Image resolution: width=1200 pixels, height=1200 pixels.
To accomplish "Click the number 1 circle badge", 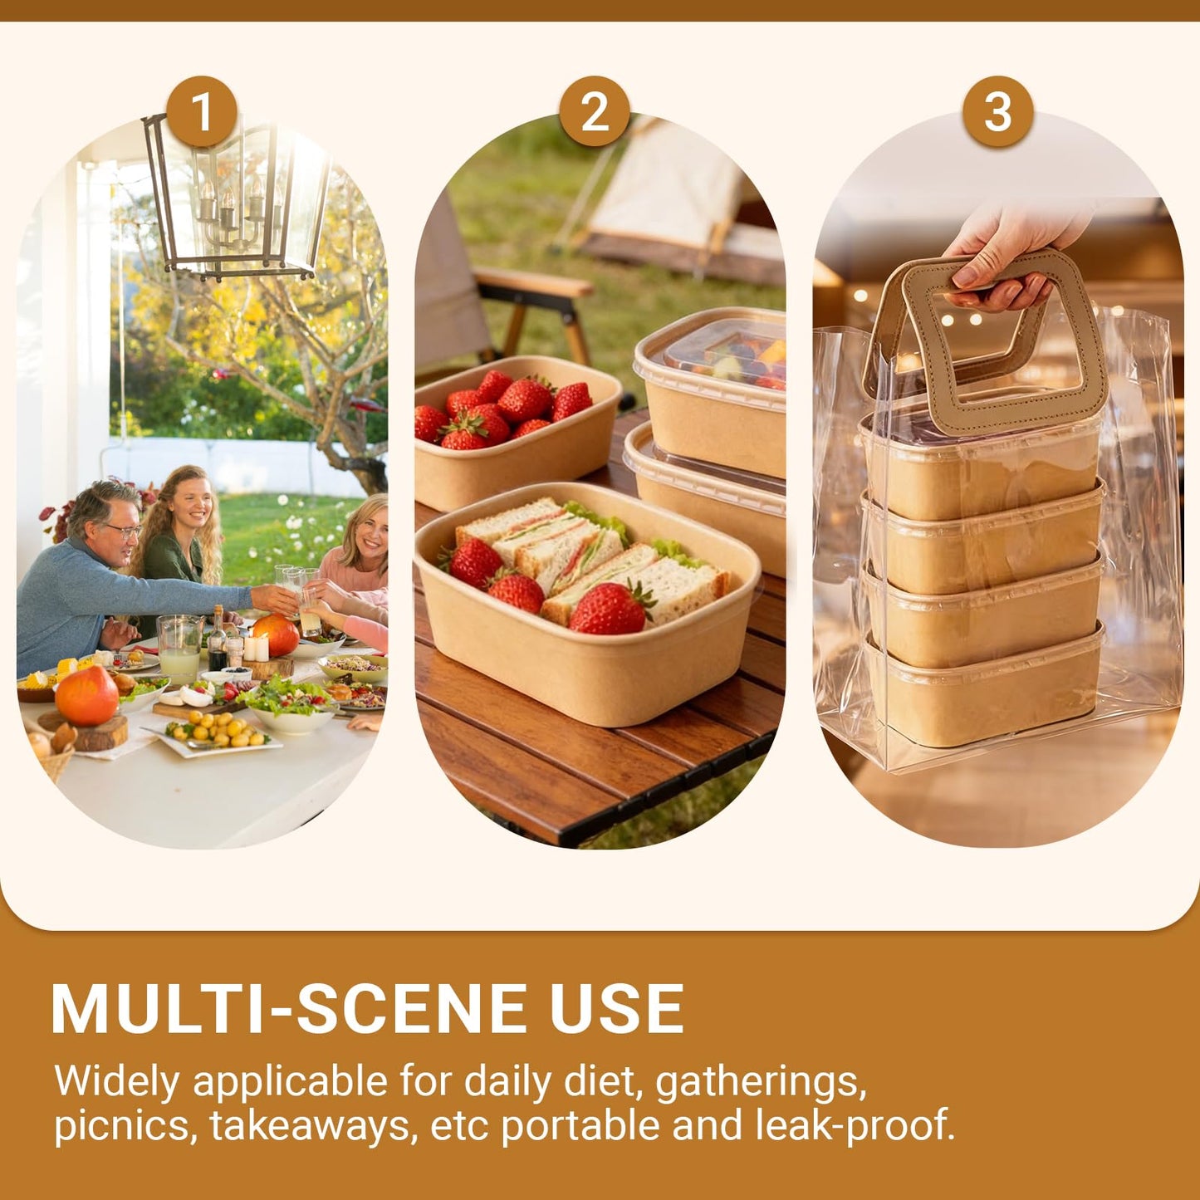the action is point(202,112).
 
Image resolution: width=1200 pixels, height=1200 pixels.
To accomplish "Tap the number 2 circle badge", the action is point(595,112).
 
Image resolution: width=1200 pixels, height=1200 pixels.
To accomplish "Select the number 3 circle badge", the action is point(997,112).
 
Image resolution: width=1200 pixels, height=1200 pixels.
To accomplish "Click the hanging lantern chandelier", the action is point(237,199).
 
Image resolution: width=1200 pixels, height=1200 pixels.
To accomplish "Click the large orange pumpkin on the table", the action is point(86,696).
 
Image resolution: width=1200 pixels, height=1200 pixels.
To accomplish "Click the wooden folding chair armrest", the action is point(532,282).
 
